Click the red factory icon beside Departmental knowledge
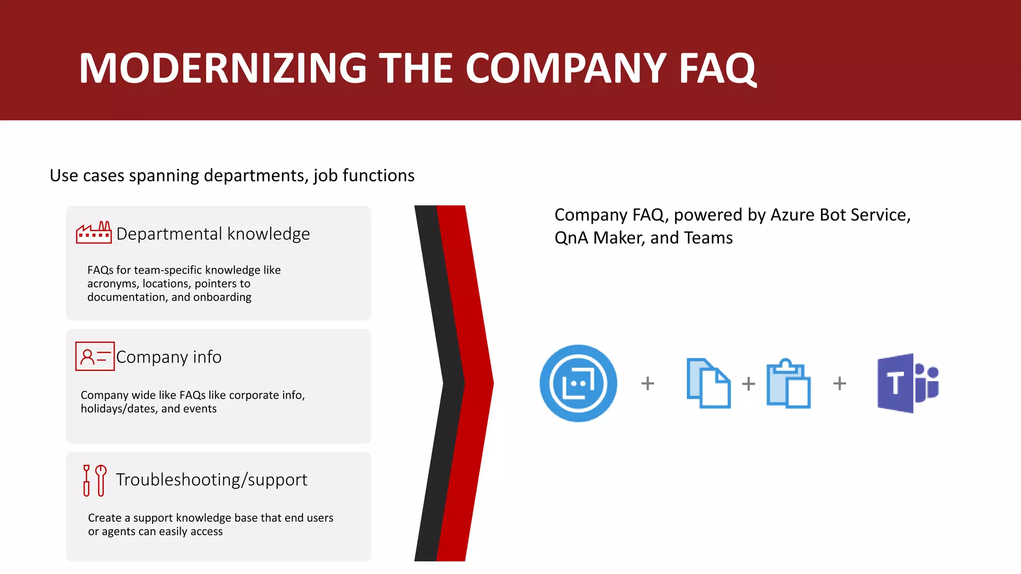click(x=94, y=233)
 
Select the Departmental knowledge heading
click(x=213, y=234)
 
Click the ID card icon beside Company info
click(x=95, y=356)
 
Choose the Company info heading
click(x=169, y=357)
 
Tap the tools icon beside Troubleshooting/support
click(x=94, y=480)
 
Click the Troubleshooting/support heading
click(x=211, y=480)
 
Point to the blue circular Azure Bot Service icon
click(x=578, y=383)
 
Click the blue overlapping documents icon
click(x=708, y=383)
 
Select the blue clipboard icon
click(x=789, y=383)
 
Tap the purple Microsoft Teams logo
click(x=908, y=383)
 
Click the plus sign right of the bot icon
click(x=648, y=383)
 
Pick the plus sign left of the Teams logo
click(x=840, y=383)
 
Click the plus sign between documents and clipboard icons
click(x=748, y=384)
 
